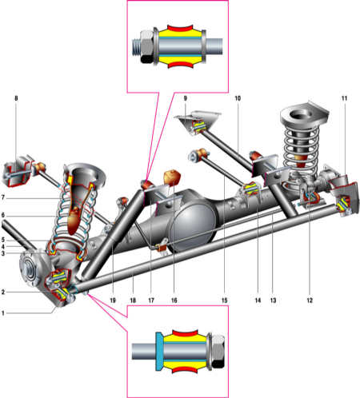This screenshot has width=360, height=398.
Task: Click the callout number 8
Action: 16,98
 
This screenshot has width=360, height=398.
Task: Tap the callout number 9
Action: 185,98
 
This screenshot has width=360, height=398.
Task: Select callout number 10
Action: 238,98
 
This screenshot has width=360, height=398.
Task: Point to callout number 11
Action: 344,98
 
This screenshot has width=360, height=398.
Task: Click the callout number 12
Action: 310,300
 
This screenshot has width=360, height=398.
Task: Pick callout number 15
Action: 224,300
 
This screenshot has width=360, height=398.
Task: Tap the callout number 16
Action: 174,300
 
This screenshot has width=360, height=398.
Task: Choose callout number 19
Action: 113,300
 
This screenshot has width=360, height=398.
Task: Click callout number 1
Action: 3,313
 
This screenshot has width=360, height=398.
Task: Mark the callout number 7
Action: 3,197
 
